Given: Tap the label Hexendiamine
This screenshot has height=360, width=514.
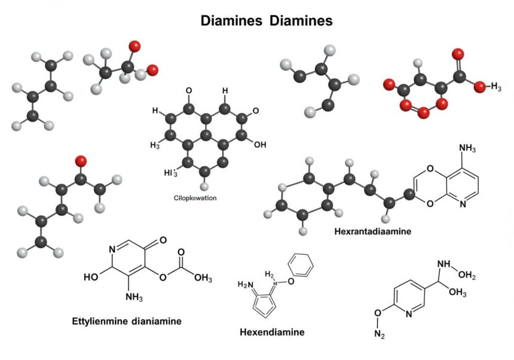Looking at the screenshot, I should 271,331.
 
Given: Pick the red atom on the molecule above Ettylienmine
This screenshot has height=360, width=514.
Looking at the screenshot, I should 81,160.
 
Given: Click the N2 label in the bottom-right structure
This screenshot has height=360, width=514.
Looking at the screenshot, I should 380,335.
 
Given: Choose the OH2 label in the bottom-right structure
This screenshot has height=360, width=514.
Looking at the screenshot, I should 465,274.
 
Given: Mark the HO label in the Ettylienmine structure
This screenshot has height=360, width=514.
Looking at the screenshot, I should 92,277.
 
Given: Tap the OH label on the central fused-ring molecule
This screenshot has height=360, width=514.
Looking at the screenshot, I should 259,144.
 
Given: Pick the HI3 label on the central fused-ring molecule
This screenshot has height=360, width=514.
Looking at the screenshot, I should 171,173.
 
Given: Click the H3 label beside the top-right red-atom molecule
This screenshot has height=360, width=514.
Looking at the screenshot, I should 493,87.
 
